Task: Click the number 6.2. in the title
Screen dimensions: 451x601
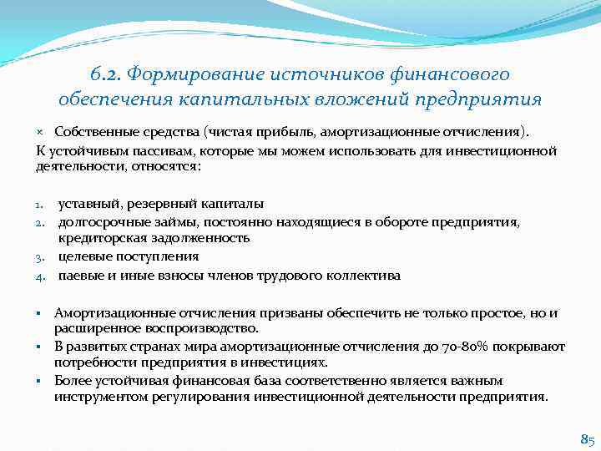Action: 104,74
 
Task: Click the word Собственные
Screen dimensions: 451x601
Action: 92,132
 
